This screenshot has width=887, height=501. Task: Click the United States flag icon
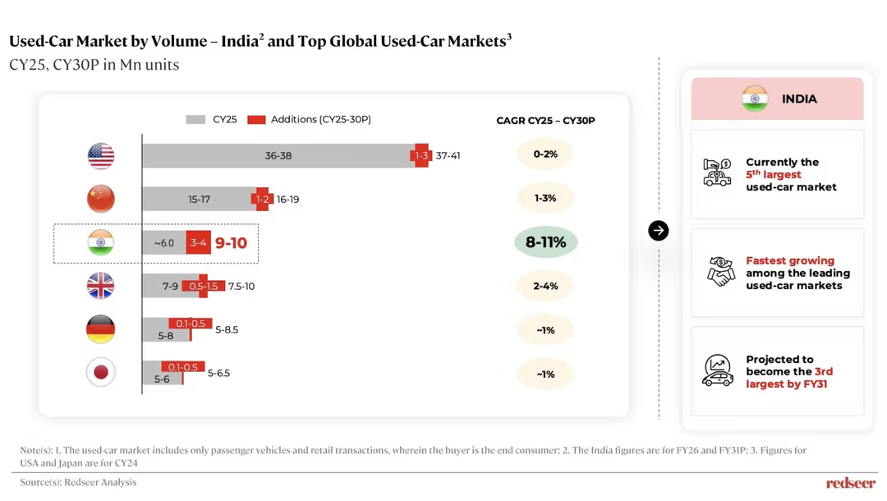click(x=101, y=156)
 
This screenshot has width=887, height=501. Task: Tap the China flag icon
click(x=101, y=199)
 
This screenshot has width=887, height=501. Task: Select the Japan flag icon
click(x=101, y=372)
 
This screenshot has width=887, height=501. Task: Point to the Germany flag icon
click(x=101, y=329)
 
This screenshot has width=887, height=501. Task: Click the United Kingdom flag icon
click(x=101, y=286)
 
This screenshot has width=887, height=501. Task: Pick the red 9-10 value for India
click(x=231, y=243)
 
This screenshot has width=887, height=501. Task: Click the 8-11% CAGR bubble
click(x=545, y=242)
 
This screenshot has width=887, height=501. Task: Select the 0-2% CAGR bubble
click(x=545, y=154)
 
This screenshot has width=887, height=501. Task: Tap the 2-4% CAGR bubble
click(x=545, y=286)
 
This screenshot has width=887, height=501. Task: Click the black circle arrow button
click(x=659, y=231)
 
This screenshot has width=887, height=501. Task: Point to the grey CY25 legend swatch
click(x=195, y=120)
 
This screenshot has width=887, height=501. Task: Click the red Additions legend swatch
click(x=257, y=120)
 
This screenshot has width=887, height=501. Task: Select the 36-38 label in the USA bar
click(x=278, y=155)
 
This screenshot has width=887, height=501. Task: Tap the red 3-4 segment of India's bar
click(x=199, y=243)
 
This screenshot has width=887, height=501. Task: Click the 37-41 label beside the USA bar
click(x=448, y=155)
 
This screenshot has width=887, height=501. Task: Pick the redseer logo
click(x=851, y=483)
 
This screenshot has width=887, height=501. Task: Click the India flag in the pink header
click(x=755, y=99)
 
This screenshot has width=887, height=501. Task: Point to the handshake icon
click(x=720, y=271)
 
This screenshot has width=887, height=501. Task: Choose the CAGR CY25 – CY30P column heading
click(x=545, y=121)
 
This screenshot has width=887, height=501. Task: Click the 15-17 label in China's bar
click(x=199, y=199)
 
